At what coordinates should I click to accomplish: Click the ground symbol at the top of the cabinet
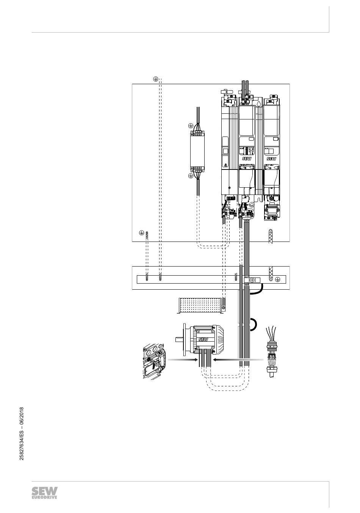tap(155, 78)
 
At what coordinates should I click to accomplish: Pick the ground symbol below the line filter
tap(191, 176)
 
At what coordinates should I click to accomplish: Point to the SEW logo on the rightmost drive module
tap(272, 159)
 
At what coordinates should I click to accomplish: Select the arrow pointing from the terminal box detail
tap(181, 359)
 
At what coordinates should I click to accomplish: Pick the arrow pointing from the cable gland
tap(238, 359)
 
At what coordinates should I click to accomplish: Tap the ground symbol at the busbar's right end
tap(277, 279)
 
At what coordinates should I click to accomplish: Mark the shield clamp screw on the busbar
tap(252, 280)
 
